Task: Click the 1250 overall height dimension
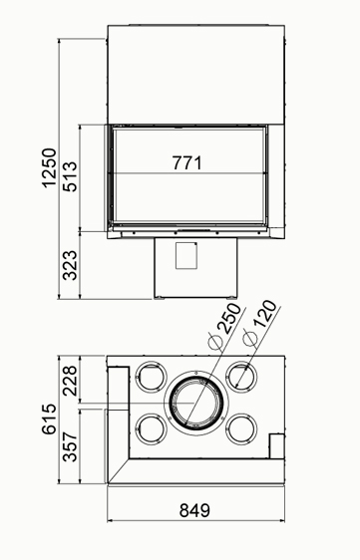pyautogui.click(x=49, y=167)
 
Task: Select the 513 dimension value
pyautogui.click(x=70, y=176)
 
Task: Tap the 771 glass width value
pyautogui.click(x=186, y=162)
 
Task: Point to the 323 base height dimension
pyautogui.click(x=70, y=265)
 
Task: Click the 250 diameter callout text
pyautogui.click(x=231, y=319)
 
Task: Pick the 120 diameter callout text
pyautogui.click(x=265, y=314)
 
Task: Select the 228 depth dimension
pyautogui.click(x=70, y=381)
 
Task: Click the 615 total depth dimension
pyautogui.click(x=49, y=419)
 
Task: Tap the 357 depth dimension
pyautogui.click(x=70, y=447)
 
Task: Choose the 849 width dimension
pyautogui.click(x=194, y=511)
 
